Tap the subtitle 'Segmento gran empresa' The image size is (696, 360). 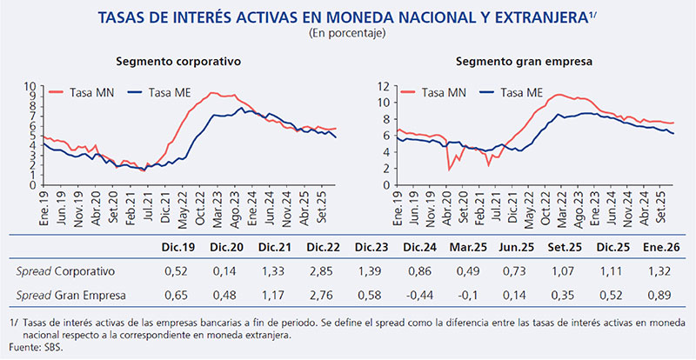coord(515,62)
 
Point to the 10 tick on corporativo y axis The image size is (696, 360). coord(34,86)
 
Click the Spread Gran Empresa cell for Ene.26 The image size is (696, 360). coord(661,296)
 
